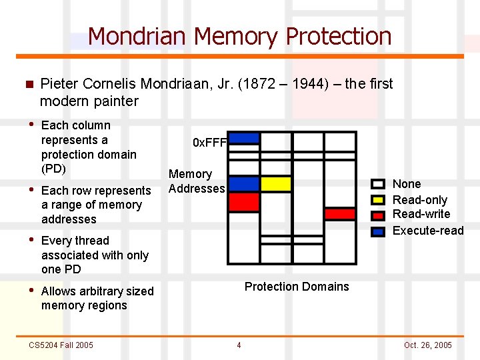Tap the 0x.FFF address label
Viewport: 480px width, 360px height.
point(210,142)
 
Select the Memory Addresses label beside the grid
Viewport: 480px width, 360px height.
point(197,181)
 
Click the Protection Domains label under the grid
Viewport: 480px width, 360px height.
point(297,287)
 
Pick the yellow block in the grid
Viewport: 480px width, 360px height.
point(276,183)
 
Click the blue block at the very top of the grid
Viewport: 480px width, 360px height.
point(244,138)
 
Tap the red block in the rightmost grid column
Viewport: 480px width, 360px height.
point(340,214)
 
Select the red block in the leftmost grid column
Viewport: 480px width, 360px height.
point(244,201)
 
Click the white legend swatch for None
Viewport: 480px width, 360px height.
point(378,184)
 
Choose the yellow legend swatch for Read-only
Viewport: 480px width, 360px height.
point(378,200)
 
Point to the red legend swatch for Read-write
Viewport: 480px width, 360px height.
point(378,215)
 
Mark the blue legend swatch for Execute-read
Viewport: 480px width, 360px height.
point(378,231)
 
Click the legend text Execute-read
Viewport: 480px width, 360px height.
point(428,231)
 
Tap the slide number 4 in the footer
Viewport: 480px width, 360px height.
point(239,345)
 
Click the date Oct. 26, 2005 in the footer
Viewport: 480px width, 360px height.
point(427,345)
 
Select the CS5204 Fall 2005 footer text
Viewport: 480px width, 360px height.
point(61,345)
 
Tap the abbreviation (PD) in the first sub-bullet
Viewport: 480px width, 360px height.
point(53,169)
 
